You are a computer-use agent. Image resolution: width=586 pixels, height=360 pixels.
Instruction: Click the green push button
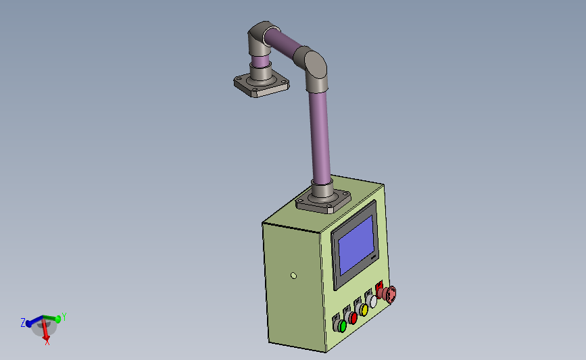click(x=342, y=326)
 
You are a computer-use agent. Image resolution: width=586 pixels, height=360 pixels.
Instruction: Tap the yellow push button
click(x=364, y=310)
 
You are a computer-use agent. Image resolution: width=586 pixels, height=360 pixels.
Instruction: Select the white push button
click(x=373, y=301)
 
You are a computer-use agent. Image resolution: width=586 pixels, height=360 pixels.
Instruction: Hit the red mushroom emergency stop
click(x=389, y=293)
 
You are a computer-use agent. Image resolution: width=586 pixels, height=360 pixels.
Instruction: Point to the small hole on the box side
click(x=293, y=276)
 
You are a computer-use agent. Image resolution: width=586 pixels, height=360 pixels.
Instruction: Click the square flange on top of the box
click(x=322, y=200)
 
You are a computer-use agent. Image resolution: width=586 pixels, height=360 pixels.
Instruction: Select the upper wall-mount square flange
click(x=261, y=85)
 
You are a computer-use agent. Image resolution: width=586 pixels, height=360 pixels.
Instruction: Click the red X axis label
click(x=47, y=342)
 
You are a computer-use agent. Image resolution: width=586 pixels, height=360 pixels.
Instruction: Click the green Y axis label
click(x=64, y=315)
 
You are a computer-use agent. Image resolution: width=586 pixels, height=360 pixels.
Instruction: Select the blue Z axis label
click(x=22, y=323)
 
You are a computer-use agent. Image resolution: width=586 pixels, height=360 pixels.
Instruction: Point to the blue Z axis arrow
click(x=34, y=322)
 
